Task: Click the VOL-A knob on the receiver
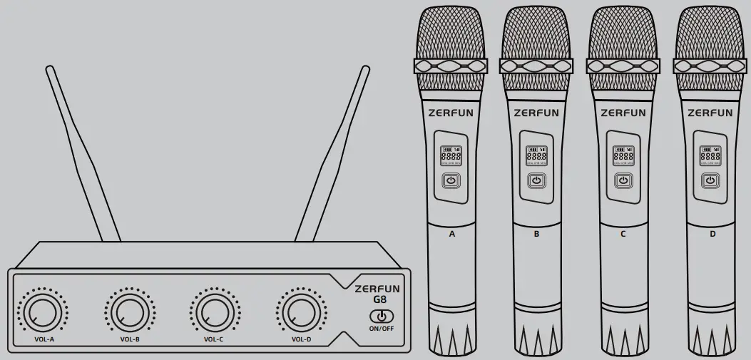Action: (x=41, y=312)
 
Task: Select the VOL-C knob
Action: (x=213, y=312)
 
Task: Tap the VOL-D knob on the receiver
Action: (x=300, y=312)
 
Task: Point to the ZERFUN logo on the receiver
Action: (x=377, y=289)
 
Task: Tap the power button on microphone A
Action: (x=451, y=181)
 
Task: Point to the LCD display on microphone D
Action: (x=710, y=155)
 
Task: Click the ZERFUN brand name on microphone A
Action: (x=451, y=113)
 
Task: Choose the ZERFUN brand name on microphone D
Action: (x=710, y=113)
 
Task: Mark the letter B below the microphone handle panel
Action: (x=537, y=233)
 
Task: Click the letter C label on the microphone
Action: (x=623, y=233)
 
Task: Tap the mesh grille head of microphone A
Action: (x=451, y=32)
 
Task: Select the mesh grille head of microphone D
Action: (x=710, y=32)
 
